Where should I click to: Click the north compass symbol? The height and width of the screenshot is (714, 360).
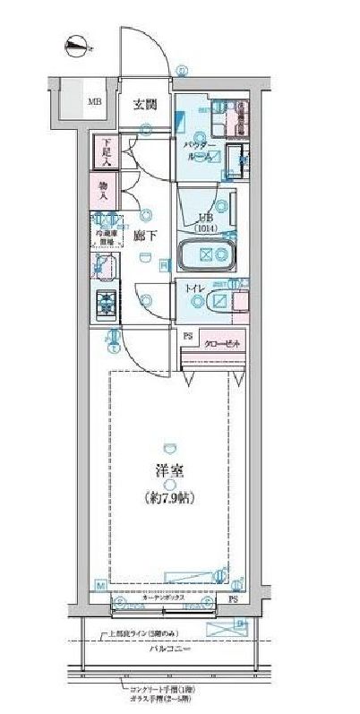tap(80, 42)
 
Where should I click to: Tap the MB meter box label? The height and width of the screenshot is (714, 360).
tap(94, 100)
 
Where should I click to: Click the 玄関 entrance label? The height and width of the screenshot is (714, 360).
tap(146, 103)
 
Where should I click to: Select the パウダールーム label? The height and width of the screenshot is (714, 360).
tap(200, 150)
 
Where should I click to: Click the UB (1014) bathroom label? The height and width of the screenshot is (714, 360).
tap(206, 222)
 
